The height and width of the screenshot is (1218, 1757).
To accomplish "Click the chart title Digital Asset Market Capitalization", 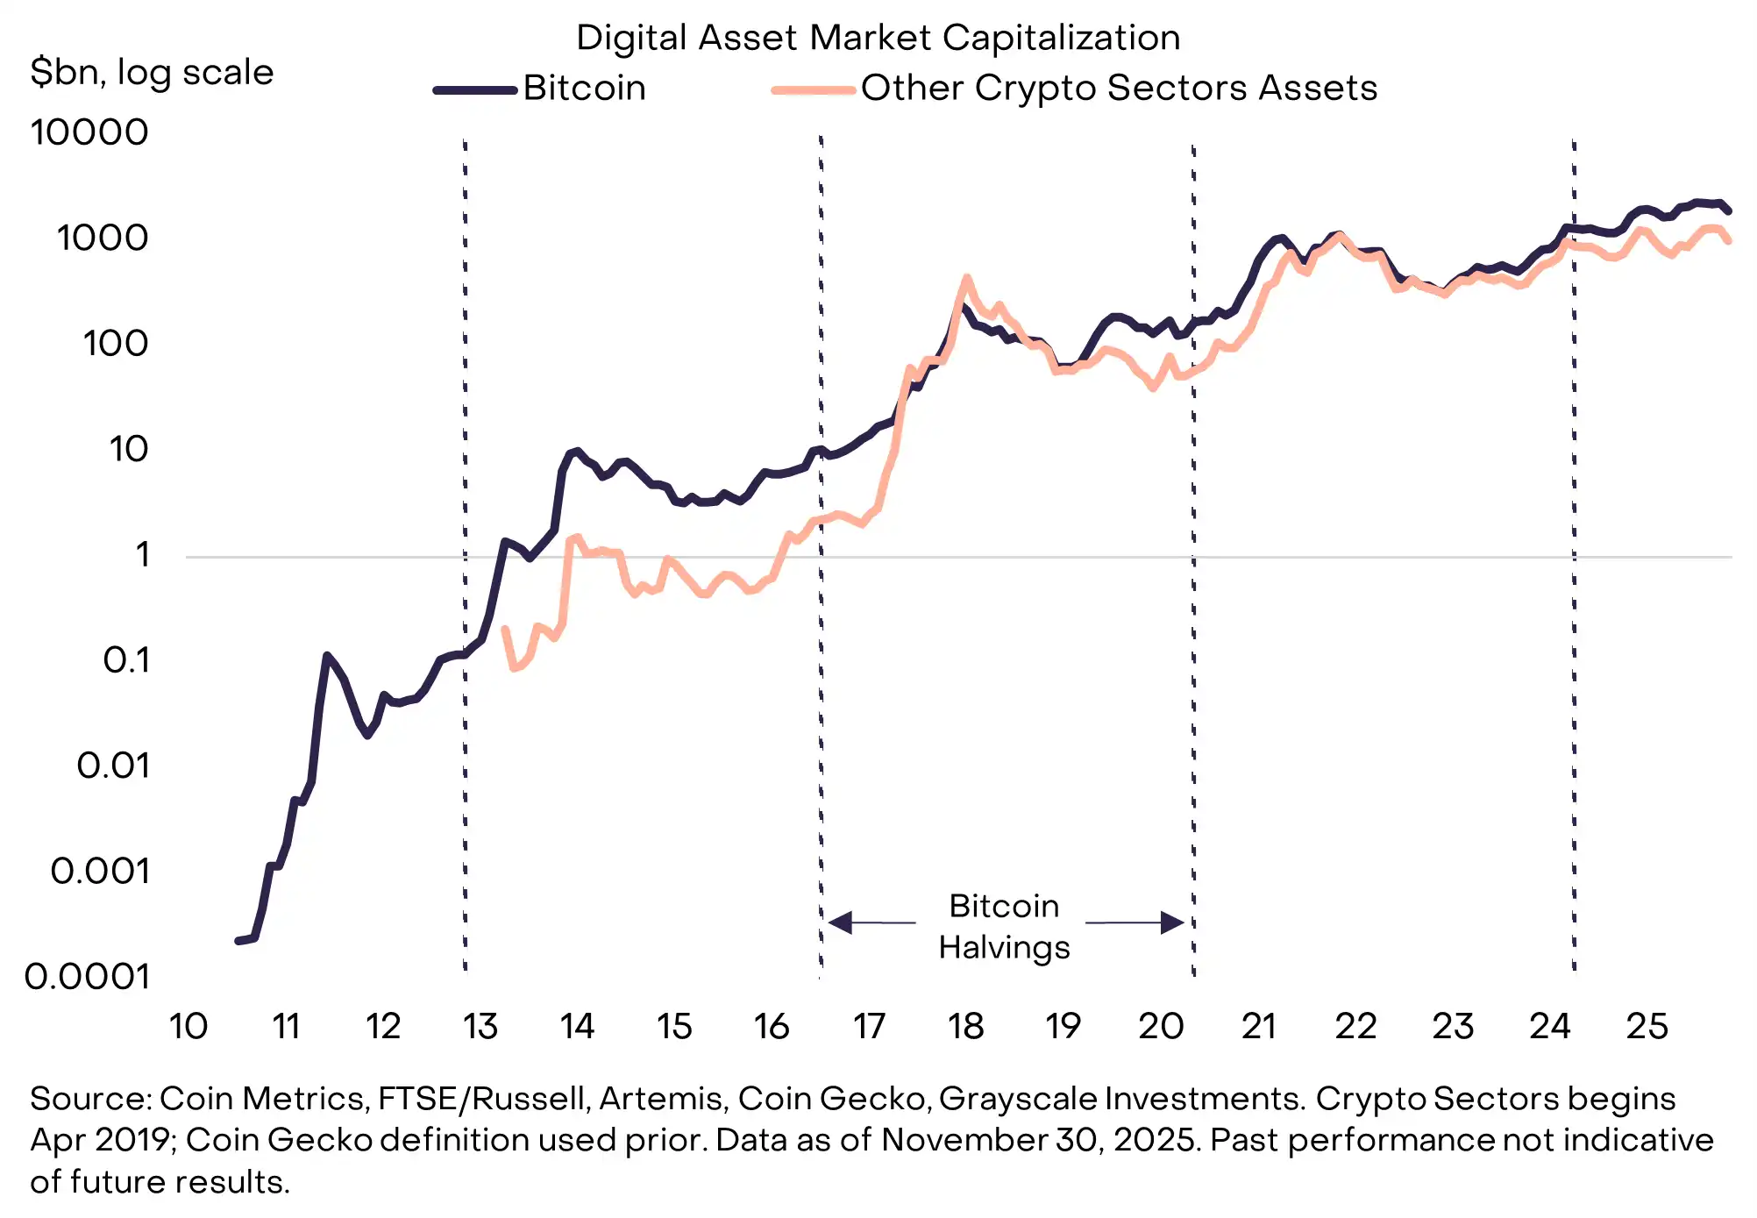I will [x=878, y=38].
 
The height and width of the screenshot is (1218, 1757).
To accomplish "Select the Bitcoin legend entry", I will [x=584, y=88].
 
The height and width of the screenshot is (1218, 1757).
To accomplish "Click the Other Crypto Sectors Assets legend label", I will [x=1119, y=88].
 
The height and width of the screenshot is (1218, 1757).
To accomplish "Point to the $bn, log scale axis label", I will [x=152, y=72].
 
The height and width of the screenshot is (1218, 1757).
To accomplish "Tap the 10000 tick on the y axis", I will [x=89, y=132].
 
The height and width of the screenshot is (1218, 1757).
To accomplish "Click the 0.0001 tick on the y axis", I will [x=87, y=976].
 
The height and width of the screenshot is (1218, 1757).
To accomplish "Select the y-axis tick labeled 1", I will [x=141, y=554].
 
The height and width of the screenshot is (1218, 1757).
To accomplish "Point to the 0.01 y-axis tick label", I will [x=113, y=766].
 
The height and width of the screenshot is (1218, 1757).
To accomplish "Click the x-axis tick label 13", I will [x=480, y=1026].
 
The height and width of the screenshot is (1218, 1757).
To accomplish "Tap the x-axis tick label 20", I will [x=1161, y=1026].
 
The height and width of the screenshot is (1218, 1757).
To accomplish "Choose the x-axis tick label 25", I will [x=1647, y=1026].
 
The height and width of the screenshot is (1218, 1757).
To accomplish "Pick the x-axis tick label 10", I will [x=188, y=1026].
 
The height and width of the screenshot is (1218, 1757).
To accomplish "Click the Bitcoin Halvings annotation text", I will [x=1004, y=926].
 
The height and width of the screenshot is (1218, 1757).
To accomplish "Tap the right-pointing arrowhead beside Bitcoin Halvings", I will [x=1172, y=922].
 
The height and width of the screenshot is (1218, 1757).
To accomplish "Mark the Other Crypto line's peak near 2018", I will [x=966, y=278].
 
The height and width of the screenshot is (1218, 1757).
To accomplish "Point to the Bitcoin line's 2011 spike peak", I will [x=326, y=656].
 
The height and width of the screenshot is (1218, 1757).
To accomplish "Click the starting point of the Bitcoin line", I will [x=238, y=941].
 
